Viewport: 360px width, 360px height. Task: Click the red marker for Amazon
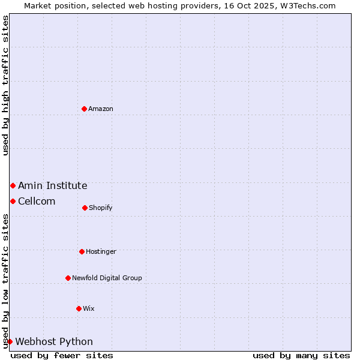coord(85,109)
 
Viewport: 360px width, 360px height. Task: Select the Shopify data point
coord(85,208)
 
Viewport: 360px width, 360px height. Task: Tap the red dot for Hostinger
coord(82,251)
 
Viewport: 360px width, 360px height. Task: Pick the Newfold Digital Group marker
coord(68,278)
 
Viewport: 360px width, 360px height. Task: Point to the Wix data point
coord(79,308)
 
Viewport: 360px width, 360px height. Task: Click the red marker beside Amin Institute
coord(13,186)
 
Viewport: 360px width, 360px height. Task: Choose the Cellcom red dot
coord(13,201)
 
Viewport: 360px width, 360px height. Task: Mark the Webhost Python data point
coord(10,341)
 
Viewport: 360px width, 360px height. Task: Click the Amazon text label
coord(101,109)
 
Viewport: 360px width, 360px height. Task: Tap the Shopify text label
coord(101,208)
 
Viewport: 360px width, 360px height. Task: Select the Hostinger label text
coord(101,251)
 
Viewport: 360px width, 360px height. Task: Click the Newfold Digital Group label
coord(107,278)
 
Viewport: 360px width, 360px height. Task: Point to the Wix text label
coord(89,308)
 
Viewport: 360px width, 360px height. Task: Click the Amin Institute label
coord(53,186)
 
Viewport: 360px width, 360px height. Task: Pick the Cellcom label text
coord(37,201)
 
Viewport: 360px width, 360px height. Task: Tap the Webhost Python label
coord(54,341)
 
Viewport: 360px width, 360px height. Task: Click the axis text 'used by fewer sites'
coord(62,355)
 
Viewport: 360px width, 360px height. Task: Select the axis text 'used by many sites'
coord(301,355)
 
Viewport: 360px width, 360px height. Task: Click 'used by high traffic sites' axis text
coord(5,85)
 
